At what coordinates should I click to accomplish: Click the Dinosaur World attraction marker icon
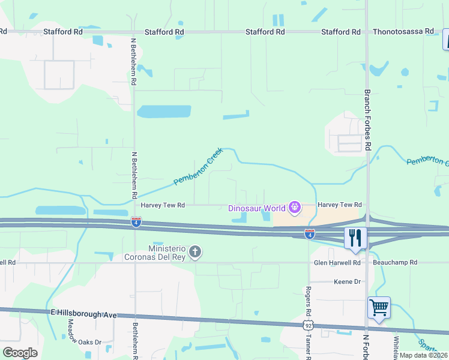(x=295, y=208)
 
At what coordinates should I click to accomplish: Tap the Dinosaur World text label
(x=257, y=209)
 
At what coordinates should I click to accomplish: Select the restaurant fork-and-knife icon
(x=354, y=238)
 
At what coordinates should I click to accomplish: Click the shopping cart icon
(x=379, y=308)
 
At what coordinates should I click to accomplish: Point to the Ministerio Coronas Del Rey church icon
(x=194, y=252)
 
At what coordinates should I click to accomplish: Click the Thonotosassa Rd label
(x=403, y=32)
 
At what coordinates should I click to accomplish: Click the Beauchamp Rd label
(x=387, y=263)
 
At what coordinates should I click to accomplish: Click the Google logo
(x=20, y=352)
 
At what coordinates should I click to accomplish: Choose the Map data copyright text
(x=423, y=355)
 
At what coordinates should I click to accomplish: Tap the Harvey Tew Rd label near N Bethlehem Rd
(x=162, y=205)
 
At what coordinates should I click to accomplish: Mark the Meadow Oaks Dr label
(x=73, y=336)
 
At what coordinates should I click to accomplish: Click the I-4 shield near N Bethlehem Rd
(x=137, y=223)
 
